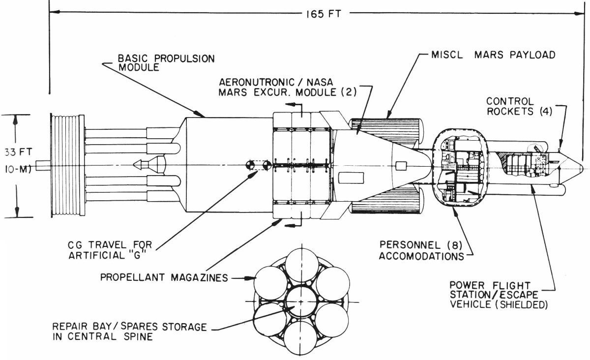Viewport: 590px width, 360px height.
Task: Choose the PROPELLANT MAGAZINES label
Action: coord(164,277)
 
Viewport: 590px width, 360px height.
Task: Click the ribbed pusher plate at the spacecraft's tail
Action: coord(66,165)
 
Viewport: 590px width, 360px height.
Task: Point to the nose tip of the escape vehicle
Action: coord(582,167)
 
